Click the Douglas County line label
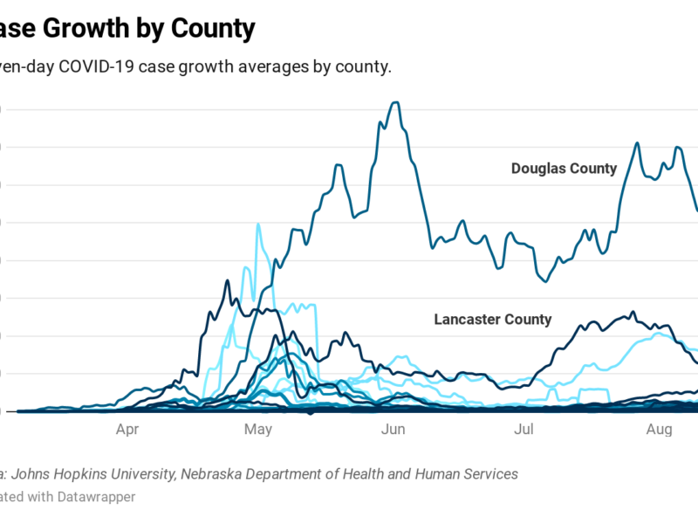pos(564,169)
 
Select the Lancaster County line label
pos(493,320)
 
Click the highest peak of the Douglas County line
pos(397,102)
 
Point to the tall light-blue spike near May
pos(258,224)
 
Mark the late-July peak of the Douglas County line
pos(637,143)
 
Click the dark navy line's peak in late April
pos(227,280)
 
